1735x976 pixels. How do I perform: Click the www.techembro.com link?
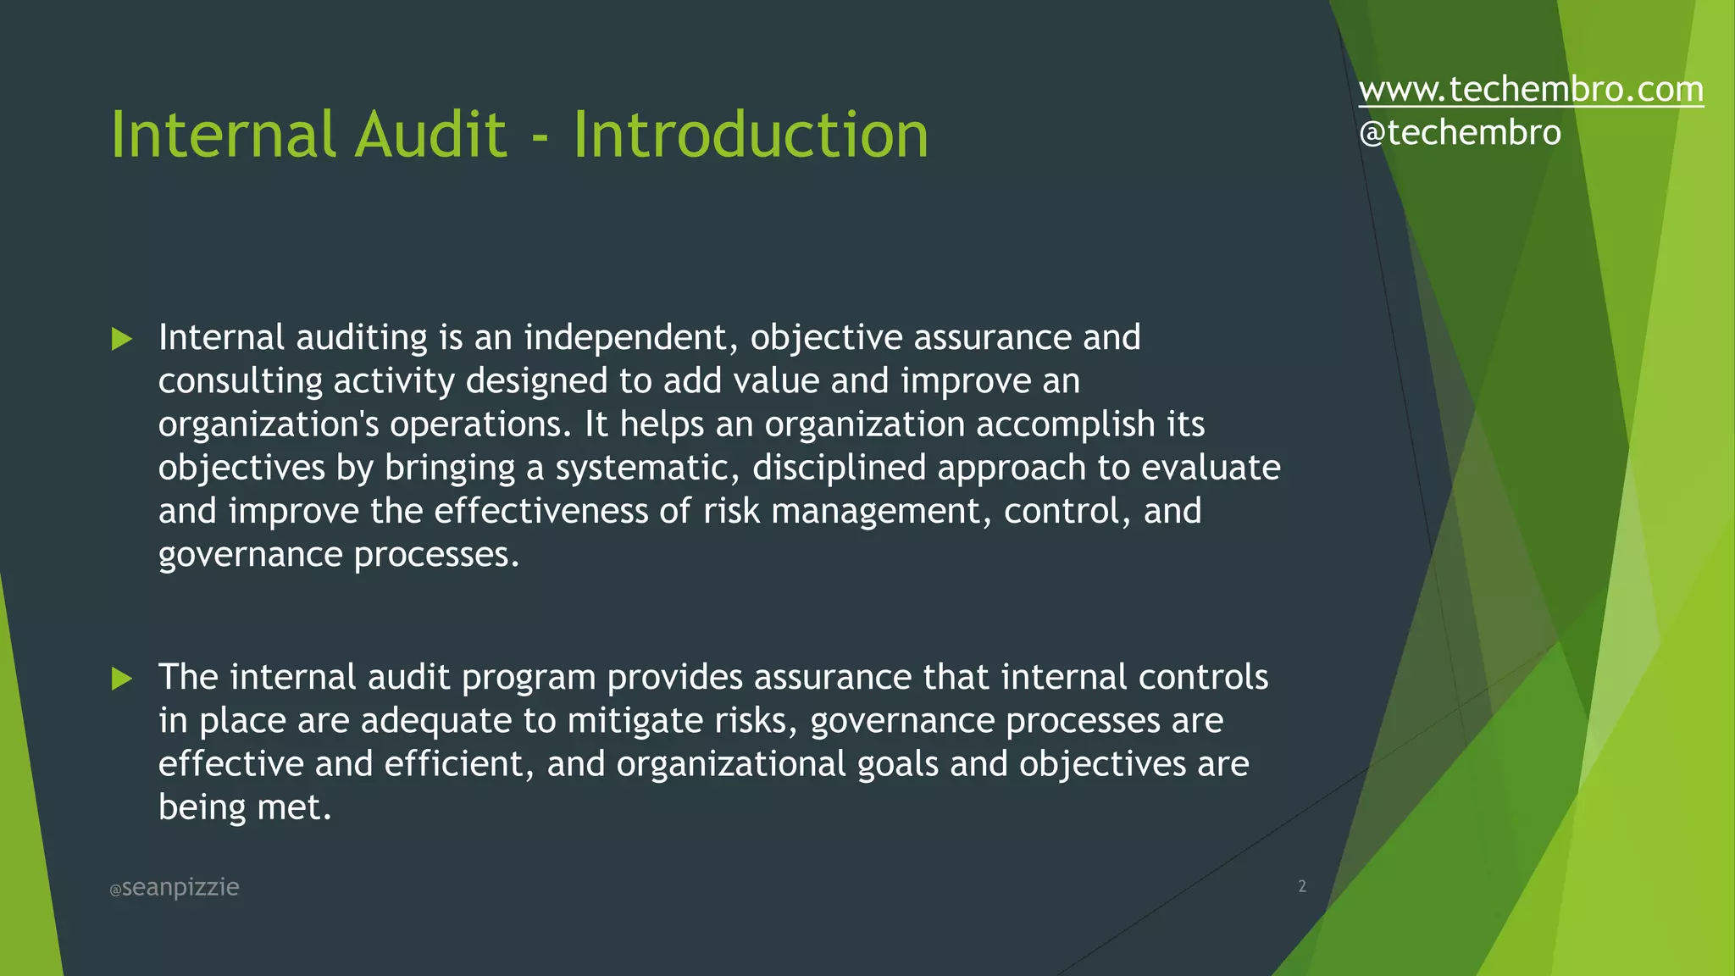[x=1530, y=90]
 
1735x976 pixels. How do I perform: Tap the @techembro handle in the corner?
[x=1459, y=133]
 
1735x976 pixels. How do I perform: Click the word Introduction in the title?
[x=751, y=135]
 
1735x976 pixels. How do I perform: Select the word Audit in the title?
[x=430, y=135]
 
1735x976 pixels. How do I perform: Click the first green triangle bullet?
[x=122, y=340]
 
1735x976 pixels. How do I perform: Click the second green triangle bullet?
[x=122, y=679]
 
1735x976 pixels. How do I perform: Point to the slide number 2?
[x=1302, y=886]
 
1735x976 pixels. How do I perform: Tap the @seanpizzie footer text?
[x=175, y=887]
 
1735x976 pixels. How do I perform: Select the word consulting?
[x=240, y=382]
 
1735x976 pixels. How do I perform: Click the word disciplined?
[x=839, y=469]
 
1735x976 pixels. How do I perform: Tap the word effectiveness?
[x=540, y=511]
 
